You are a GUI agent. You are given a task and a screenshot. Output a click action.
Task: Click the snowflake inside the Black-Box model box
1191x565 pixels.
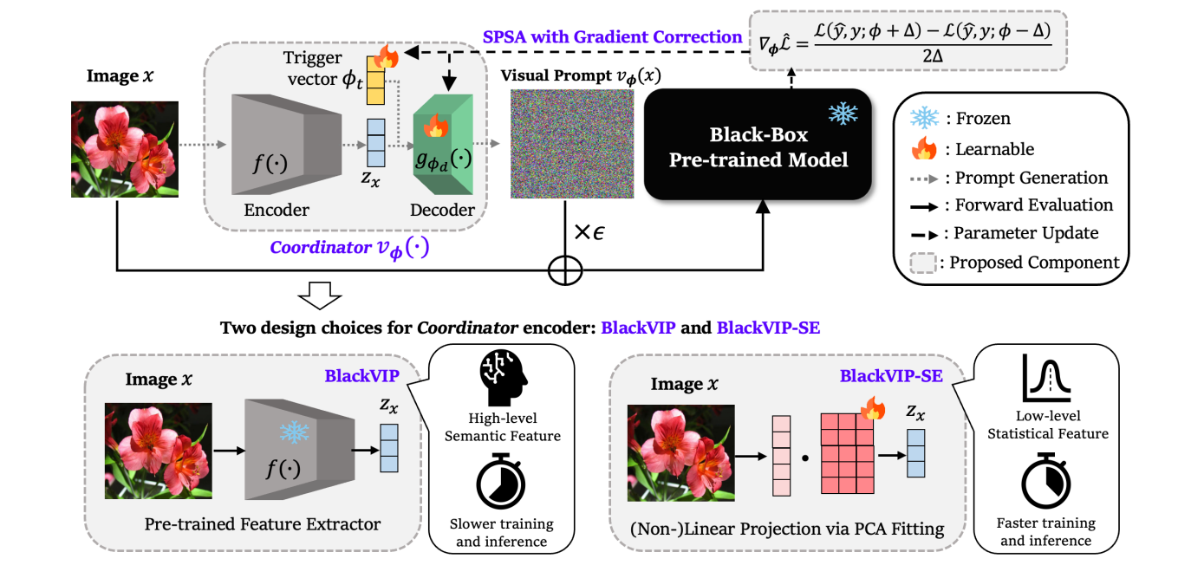840,114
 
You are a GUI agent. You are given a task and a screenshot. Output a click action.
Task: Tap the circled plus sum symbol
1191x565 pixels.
564,270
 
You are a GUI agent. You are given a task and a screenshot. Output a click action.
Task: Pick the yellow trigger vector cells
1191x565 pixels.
376,76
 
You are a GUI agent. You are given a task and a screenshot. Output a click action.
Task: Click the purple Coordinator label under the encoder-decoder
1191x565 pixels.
350,247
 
